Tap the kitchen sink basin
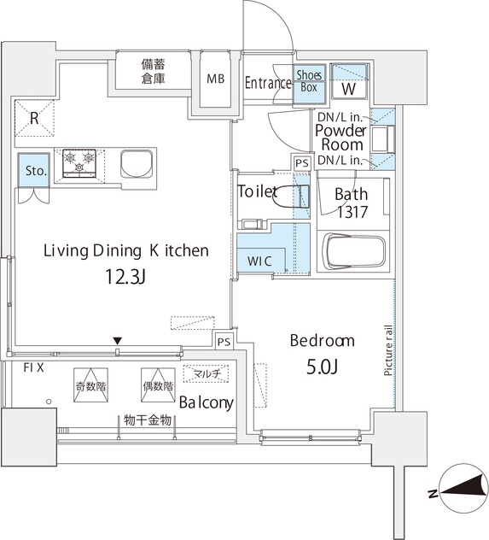pyautogui.click(x=137, y=164)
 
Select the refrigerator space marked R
pyautogui.click(x=34, y=118)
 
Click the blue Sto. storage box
pyautogui.click(x=34, y=170)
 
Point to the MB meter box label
pyautogui.click(x=216, y=79)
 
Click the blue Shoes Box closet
pyautogui.click(x=309, y=85)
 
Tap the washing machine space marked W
pyautogui.click(x=349, y=82)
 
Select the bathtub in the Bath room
pyautogui.click(x=354, y=251)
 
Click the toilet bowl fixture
pyautogui.click(x=291, y=197)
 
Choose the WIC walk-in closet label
pyautogui.click(x=259, y=261)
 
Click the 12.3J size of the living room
pyautogui.click(x=125, y=277)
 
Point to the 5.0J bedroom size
pyautogui.click(x=322, y=367)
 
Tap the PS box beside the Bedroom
pyautogui.click(x=224, y=342)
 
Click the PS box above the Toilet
pyautogui.click(x=302, y=163)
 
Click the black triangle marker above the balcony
pyautogui.click(x=118, y=341)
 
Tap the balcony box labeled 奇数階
pyautogui.click(x=90, y=385)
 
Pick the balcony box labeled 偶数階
pyautogui.click(x=158, y=385)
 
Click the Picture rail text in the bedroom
pyautogui.click(x=388, y=350)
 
